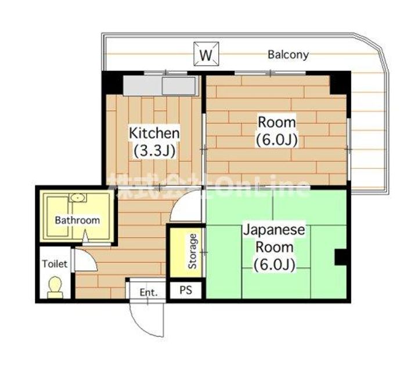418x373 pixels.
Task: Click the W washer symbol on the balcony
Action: [206, 53]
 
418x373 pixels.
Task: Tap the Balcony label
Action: [288, 55]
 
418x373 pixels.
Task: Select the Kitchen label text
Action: [154, 133]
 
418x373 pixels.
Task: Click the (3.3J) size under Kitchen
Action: [154, 151]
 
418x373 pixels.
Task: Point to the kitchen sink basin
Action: [178, 85]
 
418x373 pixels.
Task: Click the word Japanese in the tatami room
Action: [274, 230]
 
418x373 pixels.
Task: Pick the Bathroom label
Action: [77, 220]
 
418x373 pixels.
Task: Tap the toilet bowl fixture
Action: [55, 288]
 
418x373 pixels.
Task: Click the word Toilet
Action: [55, 264]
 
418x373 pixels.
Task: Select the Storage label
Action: [193, 252]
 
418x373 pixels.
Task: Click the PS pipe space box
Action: [186, 290]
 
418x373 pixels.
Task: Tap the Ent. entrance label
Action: [149, 292]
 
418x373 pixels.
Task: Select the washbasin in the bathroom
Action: [78, 198]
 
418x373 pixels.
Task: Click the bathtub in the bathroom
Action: [57, 216]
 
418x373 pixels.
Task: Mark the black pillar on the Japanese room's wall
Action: [340, 257]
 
